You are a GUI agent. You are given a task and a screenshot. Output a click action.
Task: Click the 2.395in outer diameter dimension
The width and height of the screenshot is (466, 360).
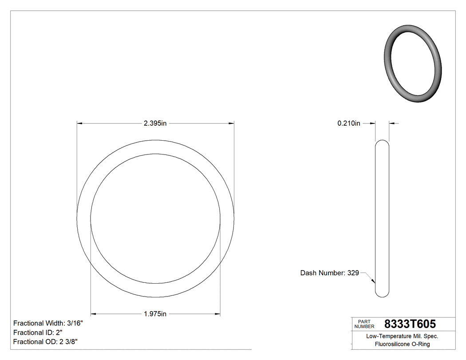(x=155, y=123)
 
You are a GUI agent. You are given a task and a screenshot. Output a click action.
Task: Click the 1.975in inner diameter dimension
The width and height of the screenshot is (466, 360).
(x=155, y=314)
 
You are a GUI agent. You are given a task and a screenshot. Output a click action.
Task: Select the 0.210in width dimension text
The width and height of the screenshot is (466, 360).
(x=349, y=123)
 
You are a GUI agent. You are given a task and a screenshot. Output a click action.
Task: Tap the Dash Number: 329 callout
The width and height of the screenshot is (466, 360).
(x=329, y=273)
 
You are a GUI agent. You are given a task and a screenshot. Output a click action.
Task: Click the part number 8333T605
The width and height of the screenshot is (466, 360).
(x=410, y=324)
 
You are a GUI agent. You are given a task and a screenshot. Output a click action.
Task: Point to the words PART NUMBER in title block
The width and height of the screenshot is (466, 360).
(x=364, y=324)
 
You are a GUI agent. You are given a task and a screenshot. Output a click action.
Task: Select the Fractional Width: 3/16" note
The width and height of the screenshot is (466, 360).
(x=48, y=323)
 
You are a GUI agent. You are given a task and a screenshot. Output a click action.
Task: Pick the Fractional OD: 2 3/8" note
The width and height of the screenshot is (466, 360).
(x=46, y=341)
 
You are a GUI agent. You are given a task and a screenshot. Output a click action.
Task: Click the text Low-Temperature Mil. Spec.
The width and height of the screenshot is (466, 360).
(x=402, y=336)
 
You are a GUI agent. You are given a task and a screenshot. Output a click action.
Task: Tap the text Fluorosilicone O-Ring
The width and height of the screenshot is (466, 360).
(x=402, y=344)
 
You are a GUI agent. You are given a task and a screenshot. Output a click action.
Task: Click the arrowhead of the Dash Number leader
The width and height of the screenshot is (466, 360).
(x=374, y=281)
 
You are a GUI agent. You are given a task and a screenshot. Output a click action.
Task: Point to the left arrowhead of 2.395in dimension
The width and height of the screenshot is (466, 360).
(x=80, y=123)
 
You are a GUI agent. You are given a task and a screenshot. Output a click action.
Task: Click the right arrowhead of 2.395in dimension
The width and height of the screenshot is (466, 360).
(x=231, y=123)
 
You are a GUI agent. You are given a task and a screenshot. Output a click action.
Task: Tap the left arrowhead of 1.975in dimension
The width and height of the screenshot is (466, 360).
(x=94, y=314)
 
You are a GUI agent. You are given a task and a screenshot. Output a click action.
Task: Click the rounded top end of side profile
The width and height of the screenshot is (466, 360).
(x=382, y=143)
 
